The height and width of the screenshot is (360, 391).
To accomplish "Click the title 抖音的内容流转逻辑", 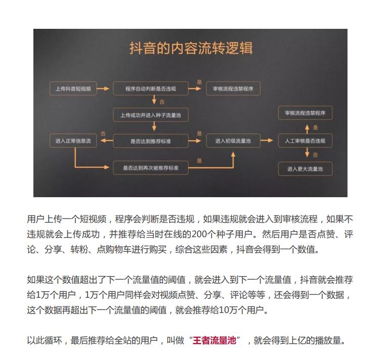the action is [191, 50].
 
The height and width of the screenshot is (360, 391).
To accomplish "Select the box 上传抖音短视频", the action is [73, 89].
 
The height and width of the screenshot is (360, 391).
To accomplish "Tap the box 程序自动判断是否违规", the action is [151, 89].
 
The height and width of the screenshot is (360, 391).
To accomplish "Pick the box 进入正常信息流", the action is [73, 141].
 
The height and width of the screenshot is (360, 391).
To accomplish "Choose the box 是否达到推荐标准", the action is [150, 141].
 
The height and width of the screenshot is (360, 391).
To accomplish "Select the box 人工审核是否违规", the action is [305, 141].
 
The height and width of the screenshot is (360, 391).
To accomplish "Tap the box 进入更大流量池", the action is [305, 168].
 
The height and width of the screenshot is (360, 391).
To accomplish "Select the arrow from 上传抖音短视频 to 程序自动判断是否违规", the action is [103, 89].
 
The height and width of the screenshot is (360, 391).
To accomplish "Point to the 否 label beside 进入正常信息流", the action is [103, 133].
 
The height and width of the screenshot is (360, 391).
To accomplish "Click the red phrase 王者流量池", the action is [214, 340].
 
